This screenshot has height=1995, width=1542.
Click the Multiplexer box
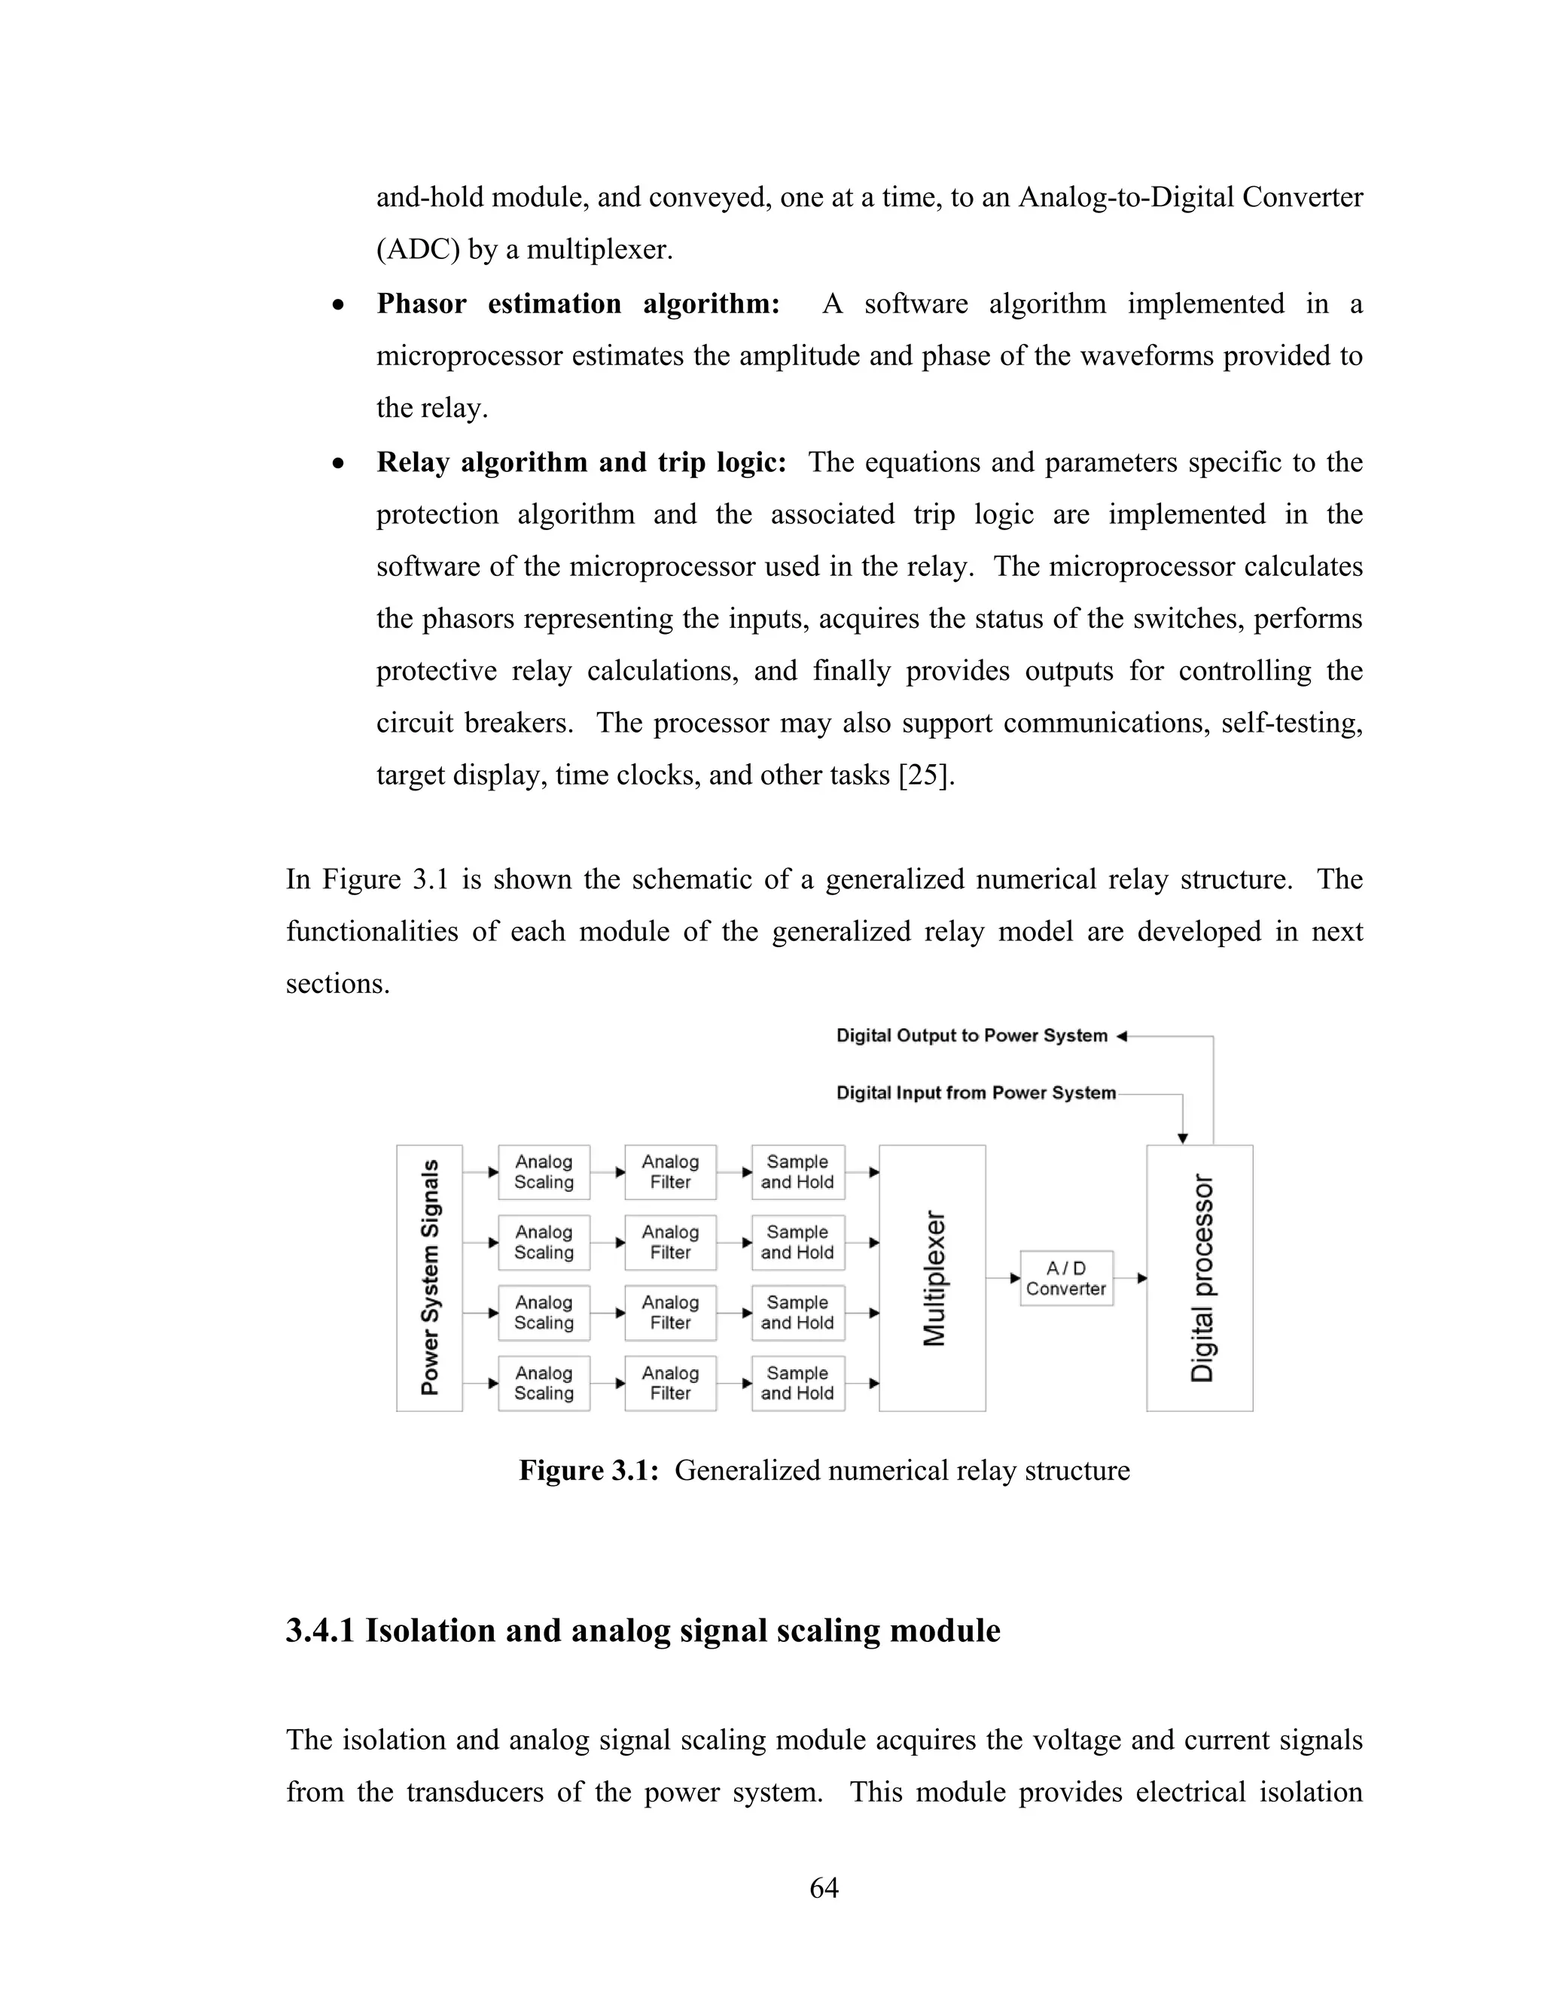click(x=932, y=1278)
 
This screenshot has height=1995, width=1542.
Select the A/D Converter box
click(x=1066, y=1278)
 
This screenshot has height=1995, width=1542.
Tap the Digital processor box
click(x=1199, y=1278)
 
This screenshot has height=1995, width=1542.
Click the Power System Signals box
click(x=429, y=1278)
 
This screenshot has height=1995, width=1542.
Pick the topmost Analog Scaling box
click(x=544, y=1172)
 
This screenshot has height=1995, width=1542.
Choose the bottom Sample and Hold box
click(x=797, y=1383)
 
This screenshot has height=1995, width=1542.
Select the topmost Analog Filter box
click(x=671, y=1172)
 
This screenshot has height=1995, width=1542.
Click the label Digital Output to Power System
click(x=971, y=1036)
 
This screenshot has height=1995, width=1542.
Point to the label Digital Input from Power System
click(x=976, y=1093)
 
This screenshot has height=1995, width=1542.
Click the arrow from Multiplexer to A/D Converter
click(x=1004, y=1278)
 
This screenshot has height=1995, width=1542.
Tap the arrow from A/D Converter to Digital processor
click(x=1131, y=1278)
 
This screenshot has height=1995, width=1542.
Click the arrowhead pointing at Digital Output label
click(x=1123, y=1036)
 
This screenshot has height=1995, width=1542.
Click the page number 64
click(x=824, y=1888)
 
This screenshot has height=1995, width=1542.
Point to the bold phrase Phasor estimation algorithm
click(x=577, y=303)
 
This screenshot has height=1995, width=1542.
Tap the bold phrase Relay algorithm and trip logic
click(x=581, y=462)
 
